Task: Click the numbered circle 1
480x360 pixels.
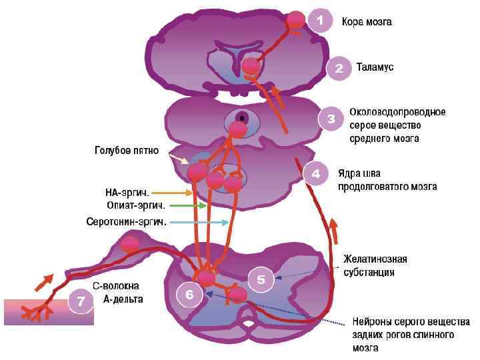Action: pyautogui.click(x=319, y=21)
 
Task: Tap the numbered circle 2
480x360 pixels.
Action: pyautogui.click(x=339, y=68)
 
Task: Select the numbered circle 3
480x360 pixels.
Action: pyautogui.click(x=331, y=120)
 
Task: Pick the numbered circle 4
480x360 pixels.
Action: pyautogui.click(x=316, y=173)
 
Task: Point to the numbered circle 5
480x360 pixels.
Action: pyautogui.click(x=261, y=281)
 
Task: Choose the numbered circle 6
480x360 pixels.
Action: pyautogui.click(x=189, y=295)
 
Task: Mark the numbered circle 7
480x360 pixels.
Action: pyautogui.click(x=80, y=302)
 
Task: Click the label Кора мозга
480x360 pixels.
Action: pyautogui.click(x=367, y=22)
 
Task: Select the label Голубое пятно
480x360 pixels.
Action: pyautogui.click(x=125, y=151)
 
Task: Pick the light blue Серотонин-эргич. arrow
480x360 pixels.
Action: pyautogui.click(x=199, y=222)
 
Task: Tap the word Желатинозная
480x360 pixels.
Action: pyautogui.click(x=375, y=259)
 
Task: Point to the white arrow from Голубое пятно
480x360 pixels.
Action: pyautogui.click(x=178, y=159)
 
